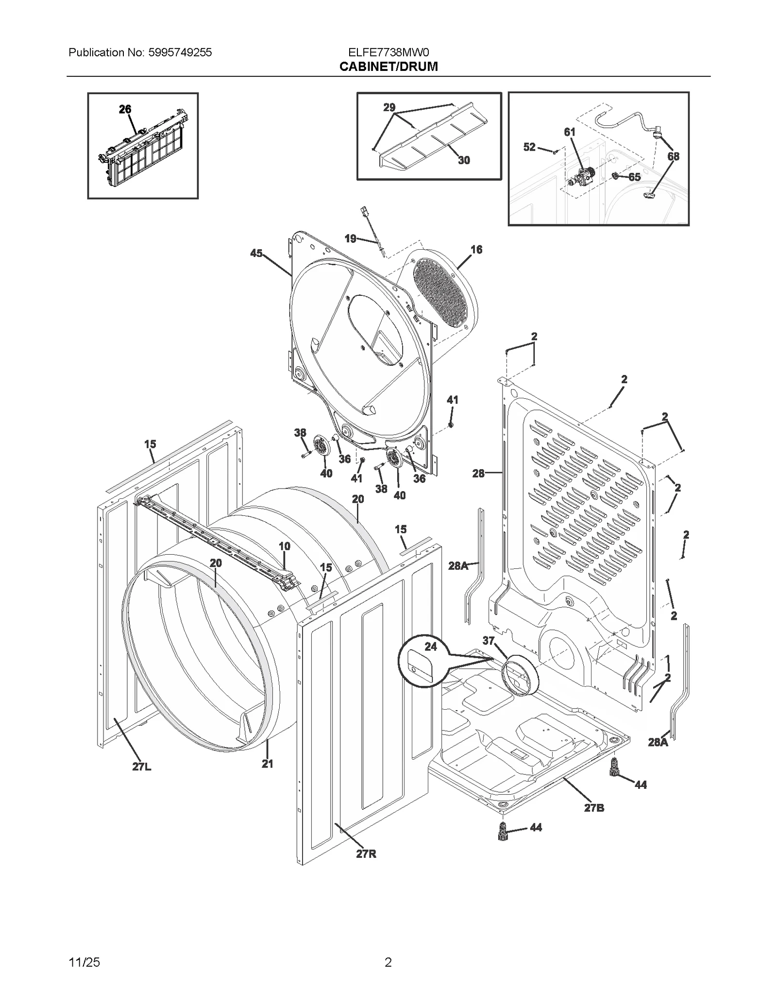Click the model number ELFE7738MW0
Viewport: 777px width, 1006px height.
click(x=388, y=52)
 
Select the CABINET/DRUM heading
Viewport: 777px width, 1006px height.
click(x=388, y=67)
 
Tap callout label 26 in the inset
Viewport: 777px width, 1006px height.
click(x=125, y=109)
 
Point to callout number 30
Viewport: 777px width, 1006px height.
click(x=464, y=160)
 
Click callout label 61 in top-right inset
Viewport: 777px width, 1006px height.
click(x=570, y=132)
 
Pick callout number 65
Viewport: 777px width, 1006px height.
click(x=634, y=177)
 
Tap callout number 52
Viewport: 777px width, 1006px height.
click(x=529, y=147)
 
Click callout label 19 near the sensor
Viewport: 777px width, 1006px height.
click(x=350, y=239)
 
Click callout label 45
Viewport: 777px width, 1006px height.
click(x=256, y=253)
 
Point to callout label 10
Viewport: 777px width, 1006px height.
click(x=285, y=546)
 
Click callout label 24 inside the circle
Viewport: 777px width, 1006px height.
click(x=431, y=647)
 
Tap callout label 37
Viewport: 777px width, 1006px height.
click(x=489, y=641)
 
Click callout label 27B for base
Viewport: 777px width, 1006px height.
click(x=594, y=808)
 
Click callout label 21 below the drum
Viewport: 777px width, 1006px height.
click(x=268, y=764)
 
